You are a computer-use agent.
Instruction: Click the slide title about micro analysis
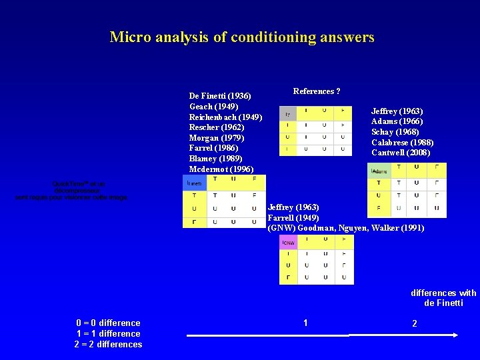242,37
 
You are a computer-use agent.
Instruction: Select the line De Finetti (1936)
219,96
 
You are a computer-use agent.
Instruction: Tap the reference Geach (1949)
210,107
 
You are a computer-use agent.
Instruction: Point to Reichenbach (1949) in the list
225,117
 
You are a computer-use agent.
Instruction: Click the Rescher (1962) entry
216,127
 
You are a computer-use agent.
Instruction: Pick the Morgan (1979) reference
217,138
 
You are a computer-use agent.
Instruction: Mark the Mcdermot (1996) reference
221,169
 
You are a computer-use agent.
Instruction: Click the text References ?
317,91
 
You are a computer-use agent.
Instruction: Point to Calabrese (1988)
402,143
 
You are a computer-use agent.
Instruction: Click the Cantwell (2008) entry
400,153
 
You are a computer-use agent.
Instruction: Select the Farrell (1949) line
293,218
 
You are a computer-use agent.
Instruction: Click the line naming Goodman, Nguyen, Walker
345,228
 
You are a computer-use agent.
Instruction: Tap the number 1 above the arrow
305,323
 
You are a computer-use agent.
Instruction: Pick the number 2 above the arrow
415,323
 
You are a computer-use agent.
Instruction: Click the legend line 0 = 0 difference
108,323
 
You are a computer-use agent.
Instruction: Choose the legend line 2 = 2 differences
108,345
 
